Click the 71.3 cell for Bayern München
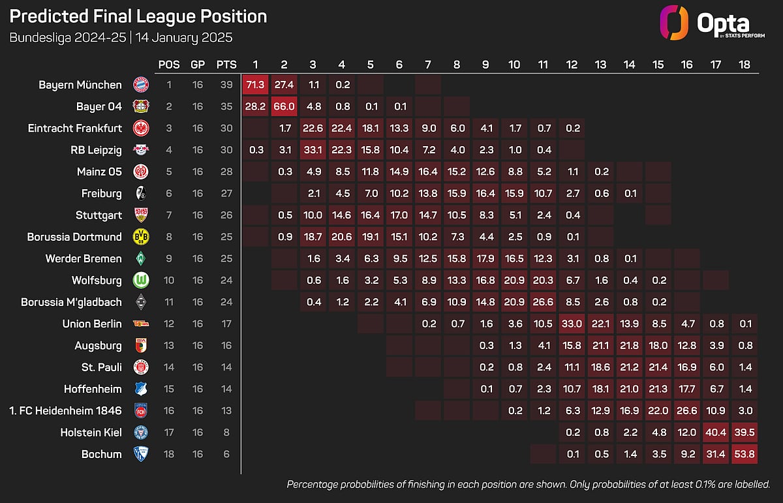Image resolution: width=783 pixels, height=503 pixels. click(256, 85)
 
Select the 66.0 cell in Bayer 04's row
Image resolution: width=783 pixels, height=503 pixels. click(284, 106)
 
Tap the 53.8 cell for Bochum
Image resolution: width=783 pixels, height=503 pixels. click(745, 454)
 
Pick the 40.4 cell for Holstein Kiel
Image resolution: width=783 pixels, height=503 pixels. click(716, 433)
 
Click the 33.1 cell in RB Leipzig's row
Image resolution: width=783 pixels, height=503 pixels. click(313, 150)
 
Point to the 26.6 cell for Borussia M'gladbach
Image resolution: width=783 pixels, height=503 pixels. click(543, 302)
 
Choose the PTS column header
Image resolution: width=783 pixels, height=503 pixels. click(226, 65)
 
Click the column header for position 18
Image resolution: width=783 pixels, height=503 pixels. click(745, 65)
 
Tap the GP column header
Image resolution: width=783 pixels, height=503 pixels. click(198, 65)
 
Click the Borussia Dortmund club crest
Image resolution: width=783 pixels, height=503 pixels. click(141, 237)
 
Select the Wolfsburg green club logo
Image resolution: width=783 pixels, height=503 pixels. click(141, 281)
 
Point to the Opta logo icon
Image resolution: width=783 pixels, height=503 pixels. click(673, 22)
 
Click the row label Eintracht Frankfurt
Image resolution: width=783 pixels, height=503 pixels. click(75, 129)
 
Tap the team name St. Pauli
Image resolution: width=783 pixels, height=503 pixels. click(101, 367)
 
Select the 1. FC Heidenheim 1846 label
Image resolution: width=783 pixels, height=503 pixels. click(65, 411)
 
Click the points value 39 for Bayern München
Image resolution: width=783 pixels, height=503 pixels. click(226, 85)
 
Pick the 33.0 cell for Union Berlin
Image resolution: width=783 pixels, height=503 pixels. click(572, 324)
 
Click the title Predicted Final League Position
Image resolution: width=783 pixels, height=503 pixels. click(138, 16)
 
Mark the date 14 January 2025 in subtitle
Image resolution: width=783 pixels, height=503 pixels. click(184, 37)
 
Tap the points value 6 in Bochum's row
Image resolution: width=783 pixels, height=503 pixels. click(226, 454)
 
